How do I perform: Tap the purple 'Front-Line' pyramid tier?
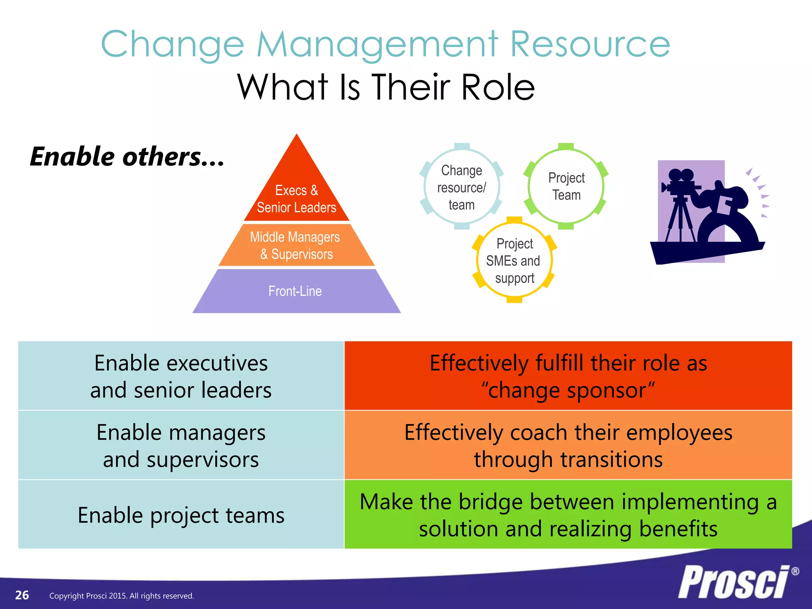[296, 291]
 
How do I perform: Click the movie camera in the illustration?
[680, 182]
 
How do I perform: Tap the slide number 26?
[22, 595]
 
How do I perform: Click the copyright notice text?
[121, 596]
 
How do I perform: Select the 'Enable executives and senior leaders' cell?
[181, 376]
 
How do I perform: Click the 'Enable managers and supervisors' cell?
[181, 445]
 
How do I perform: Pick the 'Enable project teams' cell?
[181, 515]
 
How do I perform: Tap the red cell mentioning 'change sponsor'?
[568, 376]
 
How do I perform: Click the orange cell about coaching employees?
[568, 445]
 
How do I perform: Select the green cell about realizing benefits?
[568, 515]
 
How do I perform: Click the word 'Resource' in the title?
[590, 44]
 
